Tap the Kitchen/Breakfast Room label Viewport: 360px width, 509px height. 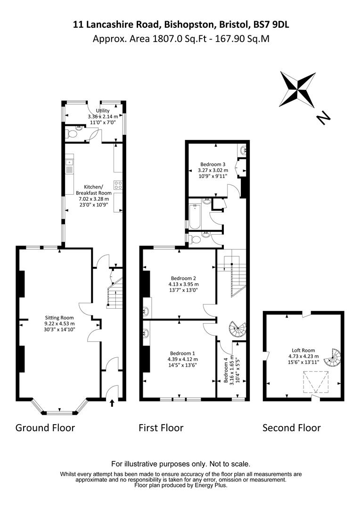[93, 196]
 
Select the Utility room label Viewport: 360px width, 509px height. [103, 116]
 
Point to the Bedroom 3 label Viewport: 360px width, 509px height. [213, 170]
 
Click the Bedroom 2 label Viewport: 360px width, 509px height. [183, 284]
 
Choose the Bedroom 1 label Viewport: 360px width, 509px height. [182, 359]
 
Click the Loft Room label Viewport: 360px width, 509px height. [303, 356]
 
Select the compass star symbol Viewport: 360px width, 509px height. [298, 89]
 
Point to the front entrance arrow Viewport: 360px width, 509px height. [112, 403]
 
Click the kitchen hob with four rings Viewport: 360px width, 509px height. [118, 185]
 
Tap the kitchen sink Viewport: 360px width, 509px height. [69, 165]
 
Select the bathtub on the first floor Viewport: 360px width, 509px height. [195, 216]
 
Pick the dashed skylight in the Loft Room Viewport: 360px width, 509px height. [316, 382]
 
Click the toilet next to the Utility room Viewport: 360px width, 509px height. [71, 134]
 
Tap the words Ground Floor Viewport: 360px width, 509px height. [45, 428]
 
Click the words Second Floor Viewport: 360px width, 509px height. [292, 428]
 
